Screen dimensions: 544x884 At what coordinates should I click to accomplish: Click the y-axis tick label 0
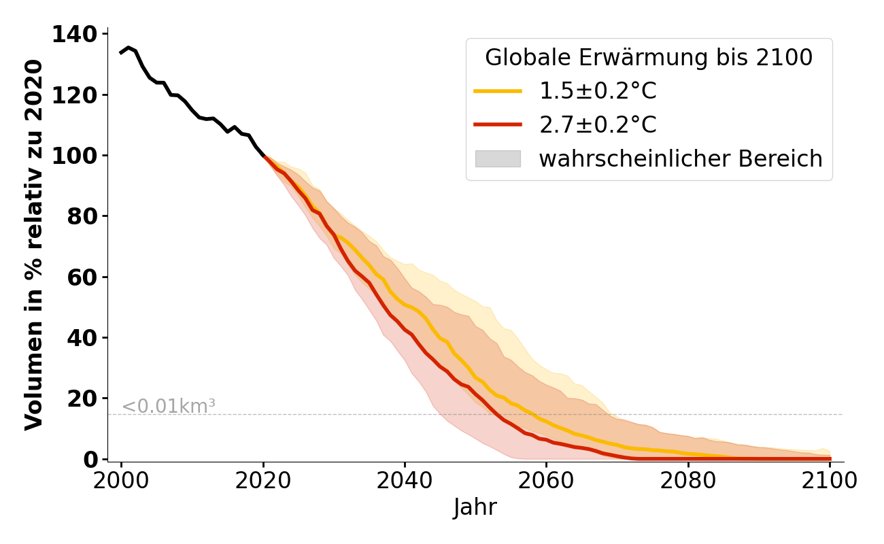tap(90, 459)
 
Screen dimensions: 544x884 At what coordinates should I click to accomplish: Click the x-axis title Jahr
tap(475, 508)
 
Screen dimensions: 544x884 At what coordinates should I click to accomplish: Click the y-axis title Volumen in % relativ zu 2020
tap(34, 245)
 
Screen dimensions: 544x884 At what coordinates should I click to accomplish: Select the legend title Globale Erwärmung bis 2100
tap(649, 58)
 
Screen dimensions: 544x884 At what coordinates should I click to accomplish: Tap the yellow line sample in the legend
tap(498, 90)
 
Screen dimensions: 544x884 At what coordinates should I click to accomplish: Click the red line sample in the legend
tap(498, 124)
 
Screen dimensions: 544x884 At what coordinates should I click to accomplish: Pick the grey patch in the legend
tap(498, 158)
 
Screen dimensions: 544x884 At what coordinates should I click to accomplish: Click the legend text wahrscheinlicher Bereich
tap(681, 158)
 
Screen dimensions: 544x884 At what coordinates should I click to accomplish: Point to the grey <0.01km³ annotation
tap(169, 407)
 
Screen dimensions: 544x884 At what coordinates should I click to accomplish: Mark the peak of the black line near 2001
tap(129, 48)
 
